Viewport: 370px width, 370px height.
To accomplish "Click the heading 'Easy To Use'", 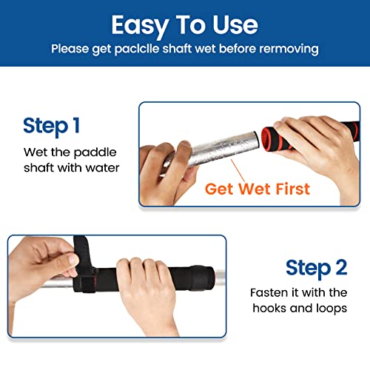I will [x=184, y=24].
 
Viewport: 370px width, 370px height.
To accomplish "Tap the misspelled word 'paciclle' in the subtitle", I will [x=148, y=49].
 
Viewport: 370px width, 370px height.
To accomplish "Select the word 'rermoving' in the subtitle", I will [x=291, y=49].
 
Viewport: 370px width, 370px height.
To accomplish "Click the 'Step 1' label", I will [x=51, y=125].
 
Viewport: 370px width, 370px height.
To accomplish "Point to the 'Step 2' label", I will [x=317, y=267].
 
